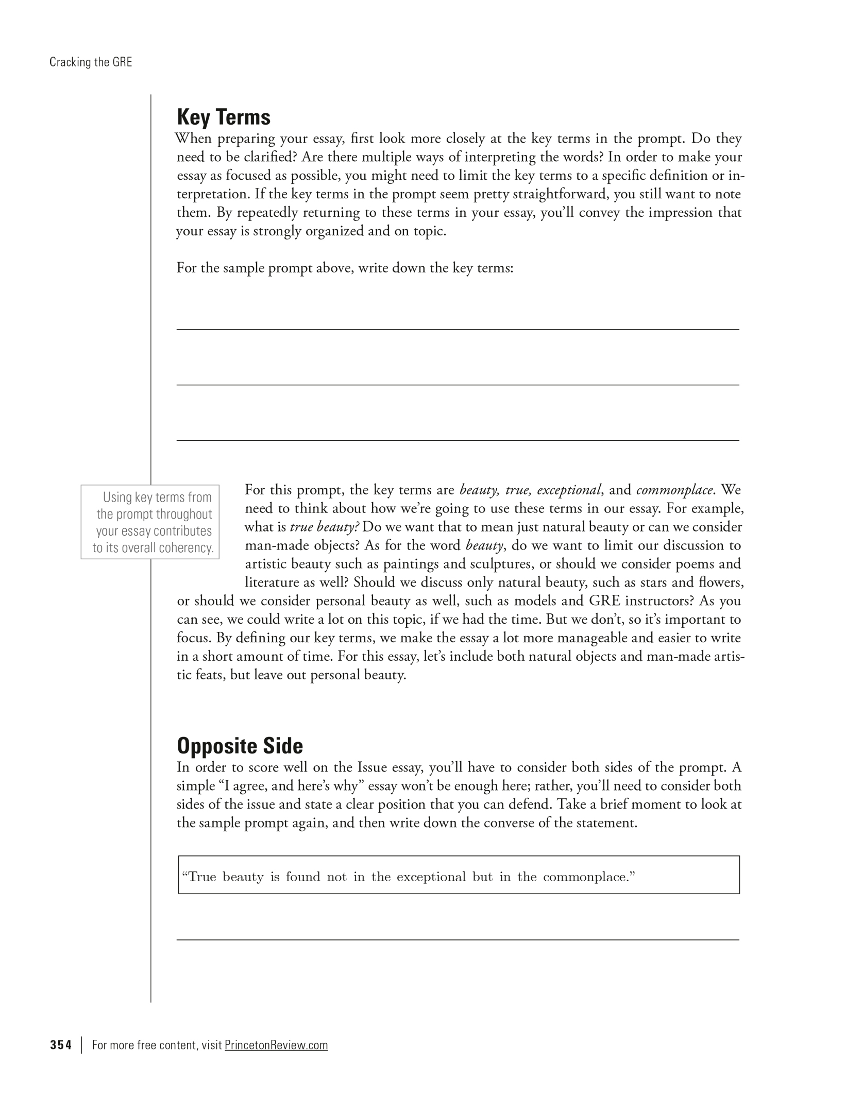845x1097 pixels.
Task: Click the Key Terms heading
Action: coord(223,117)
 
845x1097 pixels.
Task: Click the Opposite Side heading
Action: coord(240,746)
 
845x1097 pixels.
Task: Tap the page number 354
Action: coord(61,1045)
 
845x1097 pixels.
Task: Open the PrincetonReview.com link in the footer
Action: coord(276,1045)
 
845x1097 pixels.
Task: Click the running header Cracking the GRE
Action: coord(91,62)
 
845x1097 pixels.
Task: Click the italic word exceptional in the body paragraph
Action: coord(569,490)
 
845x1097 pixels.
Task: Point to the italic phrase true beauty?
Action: coord(325,527)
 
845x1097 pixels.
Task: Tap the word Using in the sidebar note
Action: coord(117,498)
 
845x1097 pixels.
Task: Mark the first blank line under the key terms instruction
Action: coord(458,329)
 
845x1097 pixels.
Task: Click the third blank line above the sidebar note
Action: coord(458,440)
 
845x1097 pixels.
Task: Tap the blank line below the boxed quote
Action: coord(458,939)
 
